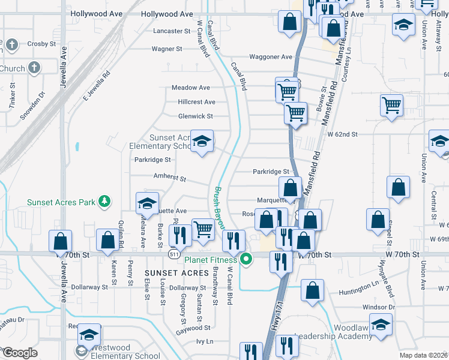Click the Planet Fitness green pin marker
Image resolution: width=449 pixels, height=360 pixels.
pos(246,260)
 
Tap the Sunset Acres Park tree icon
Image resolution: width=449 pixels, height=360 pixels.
pos(105,202)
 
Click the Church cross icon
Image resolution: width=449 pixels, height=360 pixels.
pos(34,68)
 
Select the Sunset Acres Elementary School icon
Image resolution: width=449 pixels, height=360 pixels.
pos(202,142)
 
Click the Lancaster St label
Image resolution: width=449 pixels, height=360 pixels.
pos(172,31)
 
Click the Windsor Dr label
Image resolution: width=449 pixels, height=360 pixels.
pos(379,307)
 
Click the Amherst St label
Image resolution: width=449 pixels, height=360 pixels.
pos(170,178)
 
